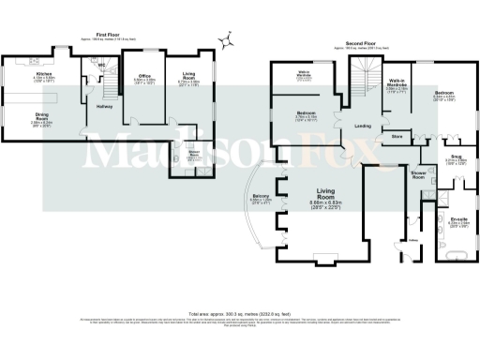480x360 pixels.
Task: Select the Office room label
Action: pyautogui.click(x=143, y=75)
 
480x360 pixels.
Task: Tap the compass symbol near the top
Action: pyautogui.click(x=226, y=39)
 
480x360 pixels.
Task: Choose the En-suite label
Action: pyautogui.click(x=458, y=218)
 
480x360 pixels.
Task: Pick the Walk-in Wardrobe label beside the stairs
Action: pyautogui.click(x=397, y=88)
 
